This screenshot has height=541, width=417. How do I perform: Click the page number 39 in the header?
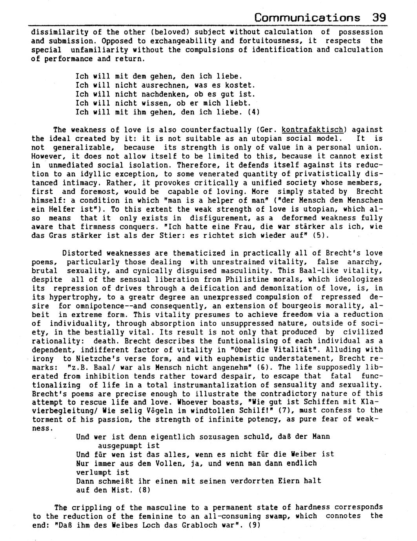click(379, 18)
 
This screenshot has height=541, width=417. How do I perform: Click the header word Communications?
click(307, 18)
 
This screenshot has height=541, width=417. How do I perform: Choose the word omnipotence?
click(85, 306)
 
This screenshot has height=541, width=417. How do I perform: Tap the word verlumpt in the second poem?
click(93, 472)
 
